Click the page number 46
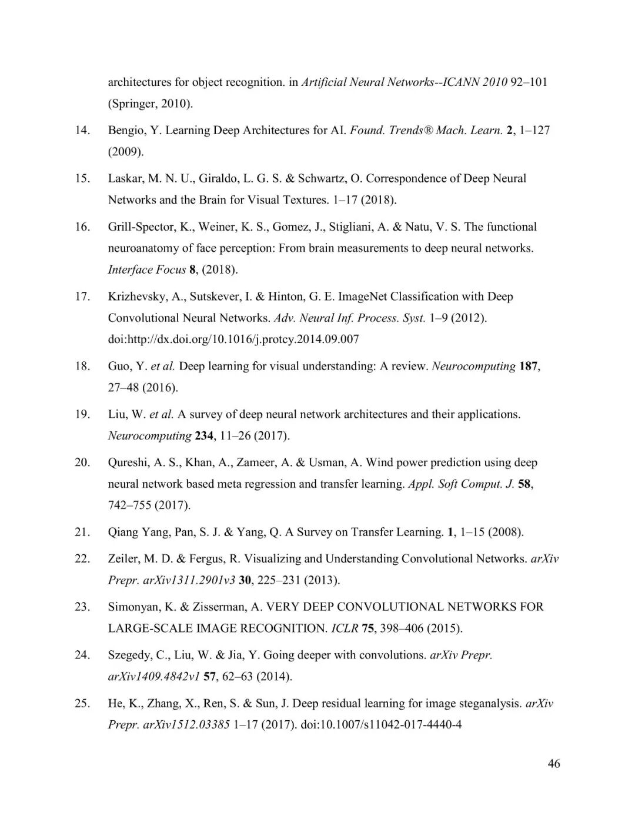(553, 764)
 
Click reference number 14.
(82, 131)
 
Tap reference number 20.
(82, 463)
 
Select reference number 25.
(82, 704)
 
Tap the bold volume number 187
(529, 367)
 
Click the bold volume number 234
(204, 436)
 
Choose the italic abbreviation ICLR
(345, 628)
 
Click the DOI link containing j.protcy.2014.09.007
(233, 340)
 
